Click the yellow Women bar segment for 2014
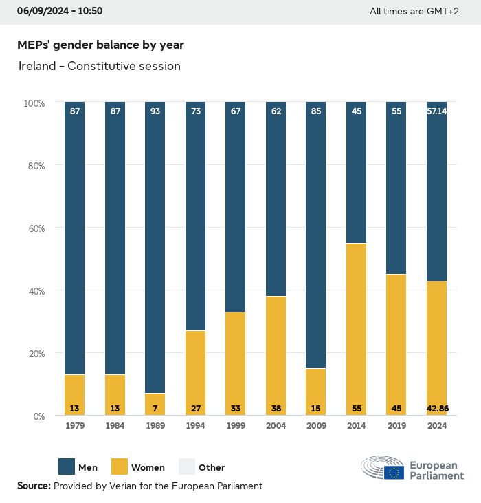click(x=356, y=329)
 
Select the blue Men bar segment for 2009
click(x=316, y=235)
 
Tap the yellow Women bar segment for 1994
click(x=195, y=372)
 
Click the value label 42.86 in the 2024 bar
click(x=437, y=409)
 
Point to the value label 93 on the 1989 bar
click(x=155, y=111)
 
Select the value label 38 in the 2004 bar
click(x=276, y=409)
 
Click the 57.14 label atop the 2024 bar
click(x=437, y=111)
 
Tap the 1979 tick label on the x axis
click(x=74, y=427)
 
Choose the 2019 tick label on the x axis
click(x=396, y=427)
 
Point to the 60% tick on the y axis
click(x=34, y=228)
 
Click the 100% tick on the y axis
click(x=34, y=103)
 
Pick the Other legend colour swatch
click(x=186, y=467)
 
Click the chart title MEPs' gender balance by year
click(x=100, y=45)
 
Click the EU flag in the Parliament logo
click(x=394, y=472)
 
